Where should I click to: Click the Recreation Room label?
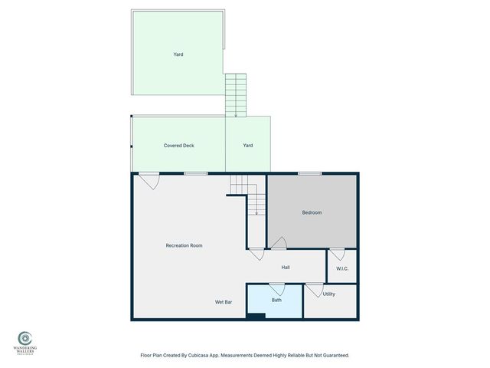pos(184,245)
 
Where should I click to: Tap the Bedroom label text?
pos(312,212)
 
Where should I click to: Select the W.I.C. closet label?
pos(342,268)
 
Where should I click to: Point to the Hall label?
pos(285,268)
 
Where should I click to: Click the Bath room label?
pos(276,300)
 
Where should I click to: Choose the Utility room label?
pos(329,294)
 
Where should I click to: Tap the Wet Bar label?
pos(224,302)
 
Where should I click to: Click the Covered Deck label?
pos(178,145)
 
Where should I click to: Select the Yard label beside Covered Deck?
pos(248,145)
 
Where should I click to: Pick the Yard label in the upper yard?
pos(178,54)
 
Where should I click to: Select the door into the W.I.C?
pos(337,254)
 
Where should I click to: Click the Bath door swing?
pos(276,289)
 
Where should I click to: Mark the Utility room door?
pos(314,290)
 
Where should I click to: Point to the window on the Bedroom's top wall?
pos(309,173)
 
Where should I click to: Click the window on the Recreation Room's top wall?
pos(196,173)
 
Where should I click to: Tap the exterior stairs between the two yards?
pos(236,94)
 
